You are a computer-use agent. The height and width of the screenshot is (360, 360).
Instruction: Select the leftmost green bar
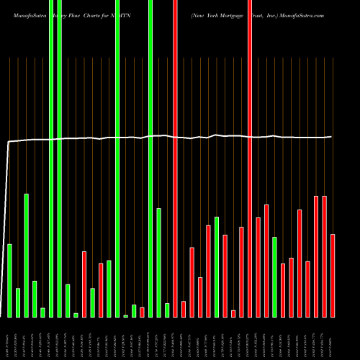pyautogui.click(x=10, y=280)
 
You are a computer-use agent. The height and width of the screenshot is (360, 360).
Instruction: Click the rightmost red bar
pyautogui.click(x=333, y=275)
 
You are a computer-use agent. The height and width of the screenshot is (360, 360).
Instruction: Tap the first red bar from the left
pyautogui.click(x=84, y=284)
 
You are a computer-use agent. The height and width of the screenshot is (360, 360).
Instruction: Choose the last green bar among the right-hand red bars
pyautogui.click(x=274, y=276)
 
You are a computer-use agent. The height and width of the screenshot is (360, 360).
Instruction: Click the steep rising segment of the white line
pyautogui.click(x=6, y=216)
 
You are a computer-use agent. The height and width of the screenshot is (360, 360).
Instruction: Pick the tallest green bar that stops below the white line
pyautogui.click(x=27, y=255)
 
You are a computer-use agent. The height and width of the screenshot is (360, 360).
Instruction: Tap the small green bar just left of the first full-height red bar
pyautogui.click(x=167, y=310)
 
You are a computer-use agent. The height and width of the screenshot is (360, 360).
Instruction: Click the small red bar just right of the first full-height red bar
pyautogui.click(x=184, y=309)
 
